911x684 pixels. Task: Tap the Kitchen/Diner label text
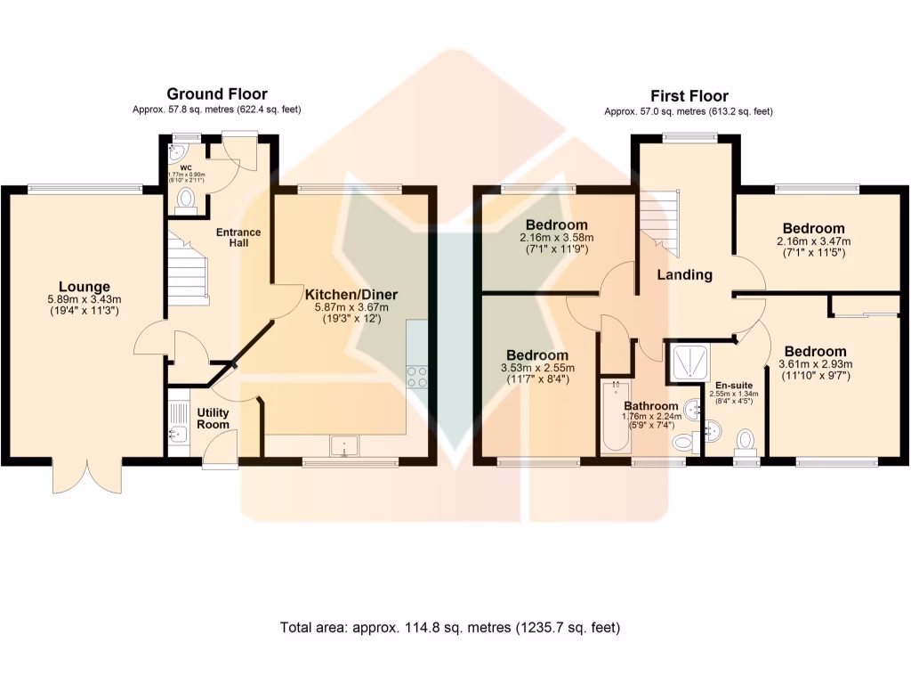[x=351, y=294]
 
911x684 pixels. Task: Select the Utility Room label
[x=213, y=419]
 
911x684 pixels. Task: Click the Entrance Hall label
[x=238, y=238]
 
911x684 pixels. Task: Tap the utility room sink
[x=175, y=434]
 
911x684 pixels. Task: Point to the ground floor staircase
[x=189, y=265]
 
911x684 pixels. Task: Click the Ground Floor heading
[x=217, y=94]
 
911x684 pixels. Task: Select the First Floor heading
[x=689, y=95]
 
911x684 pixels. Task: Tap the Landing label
[x=684, y=274]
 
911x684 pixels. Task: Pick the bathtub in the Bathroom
[x=615, y=418]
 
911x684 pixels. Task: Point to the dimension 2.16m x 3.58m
[x=556, y=238]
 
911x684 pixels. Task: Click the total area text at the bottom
[x=449, y=627]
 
